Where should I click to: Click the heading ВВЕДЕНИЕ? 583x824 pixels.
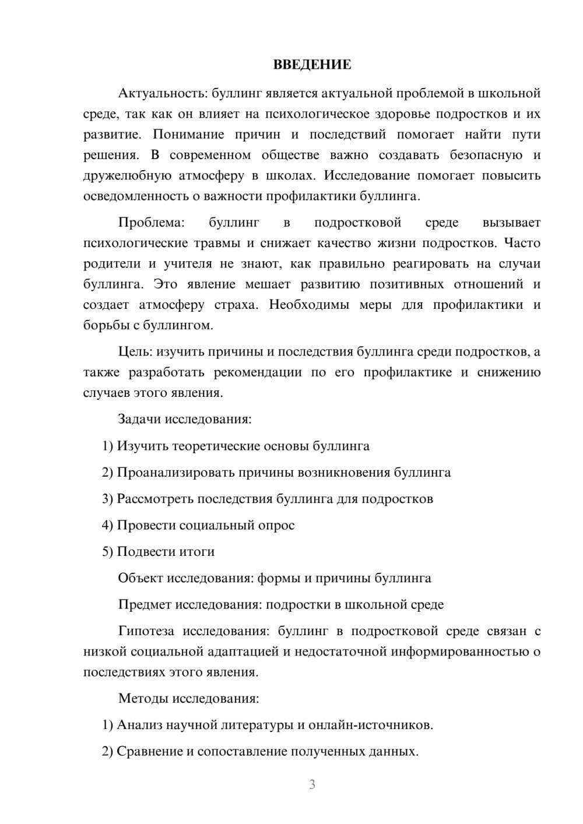pos(312,65)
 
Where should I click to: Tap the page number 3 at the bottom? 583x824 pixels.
pos(312,784)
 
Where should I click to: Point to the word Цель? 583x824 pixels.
pos(135,351)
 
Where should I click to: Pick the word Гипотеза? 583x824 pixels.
pos(147,631)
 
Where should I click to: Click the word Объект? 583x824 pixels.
pos(141,578)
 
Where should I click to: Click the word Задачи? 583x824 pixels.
pos(140,419)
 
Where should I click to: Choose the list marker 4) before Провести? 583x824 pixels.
pos(107,525)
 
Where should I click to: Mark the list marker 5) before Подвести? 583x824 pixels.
pos(107,551)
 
